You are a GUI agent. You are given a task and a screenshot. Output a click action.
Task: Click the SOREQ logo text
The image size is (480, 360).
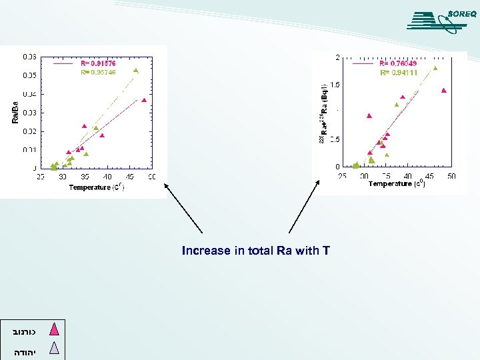[461, 13]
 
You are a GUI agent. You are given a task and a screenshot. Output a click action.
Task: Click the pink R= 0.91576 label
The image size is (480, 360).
[97, 63]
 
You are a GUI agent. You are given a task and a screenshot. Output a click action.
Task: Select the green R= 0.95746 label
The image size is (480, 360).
[97, 72]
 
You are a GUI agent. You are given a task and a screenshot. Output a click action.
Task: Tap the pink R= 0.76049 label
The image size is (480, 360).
[398, 64]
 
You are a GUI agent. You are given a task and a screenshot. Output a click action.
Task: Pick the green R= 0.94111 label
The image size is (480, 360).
[398, 73]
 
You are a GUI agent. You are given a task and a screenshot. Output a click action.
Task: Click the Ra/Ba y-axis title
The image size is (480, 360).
[15, 111]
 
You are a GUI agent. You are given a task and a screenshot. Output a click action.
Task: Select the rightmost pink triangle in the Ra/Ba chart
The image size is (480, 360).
[144, 101]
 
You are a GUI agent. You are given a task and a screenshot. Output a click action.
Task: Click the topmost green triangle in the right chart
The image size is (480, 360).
[435, 68]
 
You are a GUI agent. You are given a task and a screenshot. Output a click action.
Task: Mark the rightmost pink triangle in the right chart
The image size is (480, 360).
[443, 91]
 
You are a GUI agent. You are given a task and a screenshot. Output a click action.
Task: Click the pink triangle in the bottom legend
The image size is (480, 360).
[55, 329]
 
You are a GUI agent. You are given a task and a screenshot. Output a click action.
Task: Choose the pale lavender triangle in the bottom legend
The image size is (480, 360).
[55, 347]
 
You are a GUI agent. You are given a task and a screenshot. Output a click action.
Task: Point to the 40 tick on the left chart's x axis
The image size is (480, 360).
[107, 177]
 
